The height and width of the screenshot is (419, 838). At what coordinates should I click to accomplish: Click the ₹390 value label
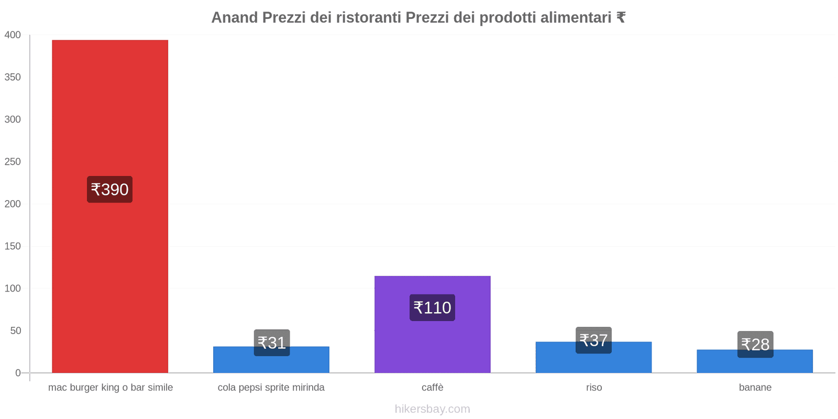point(109,189)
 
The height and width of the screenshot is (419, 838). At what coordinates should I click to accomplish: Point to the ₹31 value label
point(272,343)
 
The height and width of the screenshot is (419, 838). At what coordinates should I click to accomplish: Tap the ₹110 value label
point(432,307)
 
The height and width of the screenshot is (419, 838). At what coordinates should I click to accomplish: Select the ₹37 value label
point(593,340)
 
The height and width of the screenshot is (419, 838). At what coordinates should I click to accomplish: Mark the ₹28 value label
point(755,344)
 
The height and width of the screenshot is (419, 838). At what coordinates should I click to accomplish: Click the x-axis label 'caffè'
point(432,388)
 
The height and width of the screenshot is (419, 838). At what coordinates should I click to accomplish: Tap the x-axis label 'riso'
point(594,388)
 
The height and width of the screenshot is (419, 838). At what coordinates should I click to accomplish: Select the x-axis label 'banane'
point(755,388)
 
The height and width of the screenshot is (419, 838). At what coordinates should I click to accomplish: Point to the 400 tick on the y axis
point(13,35)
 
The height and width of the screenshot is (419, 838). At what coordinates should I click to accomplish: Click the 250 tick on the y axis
point(13,162)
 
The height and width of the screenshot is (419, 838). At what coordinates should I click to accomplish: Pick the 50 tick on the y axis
point(15,330)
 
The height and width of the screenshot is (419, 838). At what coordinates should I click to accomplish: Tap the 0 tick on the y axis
point(18,373)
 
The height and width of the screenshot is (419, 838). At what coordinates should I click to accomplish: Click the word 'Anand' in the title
point(235,18)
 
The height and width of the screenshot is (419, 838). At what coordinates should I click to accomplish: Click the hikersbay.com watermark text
point(432,409)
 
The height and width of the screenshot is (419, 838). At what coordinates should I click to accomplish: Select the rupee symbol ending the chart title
point(621,18)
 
